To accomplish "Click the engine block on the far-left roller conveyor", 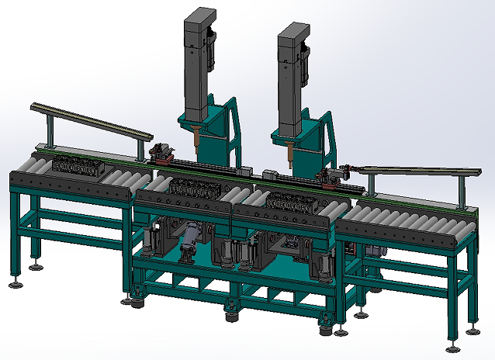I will pos(74,165).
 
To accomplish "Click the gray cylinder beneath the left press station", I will pos(189,237).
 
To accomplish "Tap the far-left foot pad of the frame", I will pos(15,283).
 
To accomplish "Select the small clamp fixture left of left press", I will pos(161,151).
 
